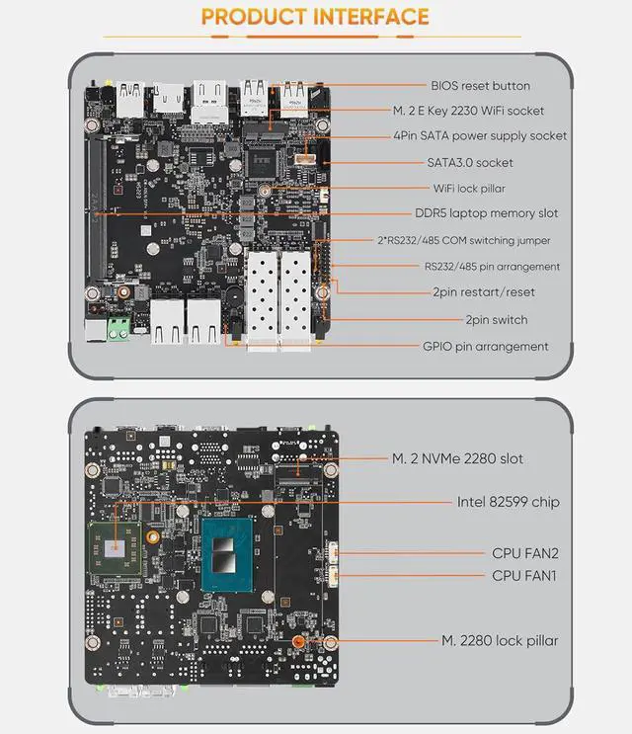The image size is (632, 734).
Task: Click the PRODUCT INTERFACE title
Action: point(315,17)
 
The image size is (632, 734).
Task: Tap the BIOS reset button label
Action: point(480,86)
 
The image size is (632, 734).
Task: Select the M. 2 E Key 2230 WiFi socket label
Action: point(483,112)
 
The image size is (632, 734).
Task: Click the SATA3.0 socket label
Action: point(470,162)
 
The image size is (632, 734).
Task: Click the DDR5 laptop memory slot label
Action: point(486,213)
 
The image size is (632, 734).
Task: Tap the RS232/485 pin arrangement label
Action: point(492,267)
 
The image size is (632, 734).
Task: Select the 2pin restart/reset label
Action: point(483,292)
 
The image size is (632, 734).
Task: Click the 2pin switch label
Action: point(496,320)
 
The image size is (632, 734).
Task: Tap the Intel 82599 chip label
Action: point(508,502)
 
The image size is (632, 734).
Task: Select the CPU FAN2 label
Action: point(524,553)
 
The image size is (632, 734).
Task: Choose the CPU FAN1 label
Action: point(524,575)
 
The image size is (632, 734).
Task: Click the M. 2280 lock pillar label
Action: point(499,641)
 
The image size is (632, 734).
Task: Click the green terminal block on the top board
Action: point(119,327)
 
